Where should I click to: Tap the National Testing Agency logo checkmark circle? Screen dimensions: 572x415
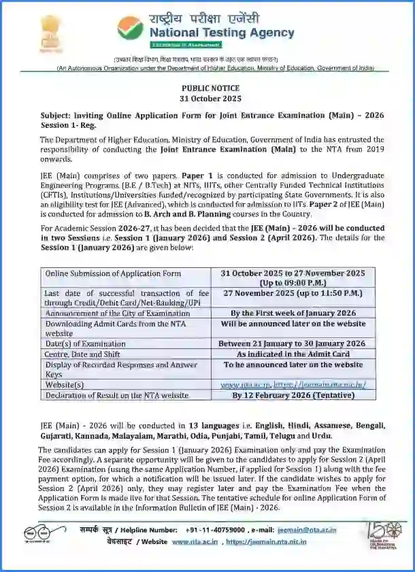[130, 27]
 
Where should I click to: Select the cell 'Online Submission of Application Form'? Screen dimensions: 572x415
[113, 273]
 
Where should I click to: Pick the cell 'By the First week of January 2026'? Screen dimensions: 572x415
[293, 313]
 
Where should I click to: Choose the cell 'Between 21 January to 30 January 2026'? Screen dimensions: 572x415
[293, 343]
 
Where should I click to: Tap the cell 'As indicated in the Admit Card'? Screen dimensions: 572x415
[293, 354]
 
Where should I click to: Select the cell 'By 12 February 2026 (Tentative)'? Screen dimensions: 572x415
[293, 395]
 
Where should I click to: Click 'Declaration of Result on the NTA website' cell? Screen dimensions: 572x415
[116, 395]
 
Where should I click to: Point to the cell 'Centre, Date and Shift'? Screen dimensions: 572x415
[81, 354]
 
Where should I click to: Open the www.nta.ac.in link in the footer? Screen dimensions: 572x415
[195, 541]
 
